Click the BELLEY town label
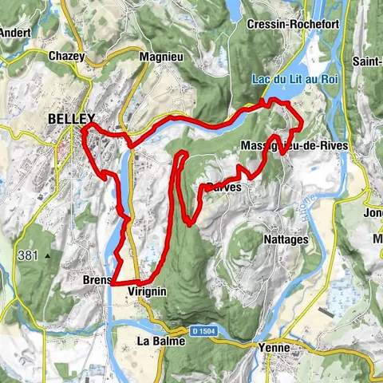point(71,118)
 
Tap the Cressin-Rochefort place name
point(294,25)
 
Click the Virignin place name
point(147,292)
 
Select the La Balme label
point(161,341)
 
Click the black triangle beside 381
point(48,256)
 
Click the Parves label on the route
point(223,188)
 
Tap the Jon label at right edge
point(373,214)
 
